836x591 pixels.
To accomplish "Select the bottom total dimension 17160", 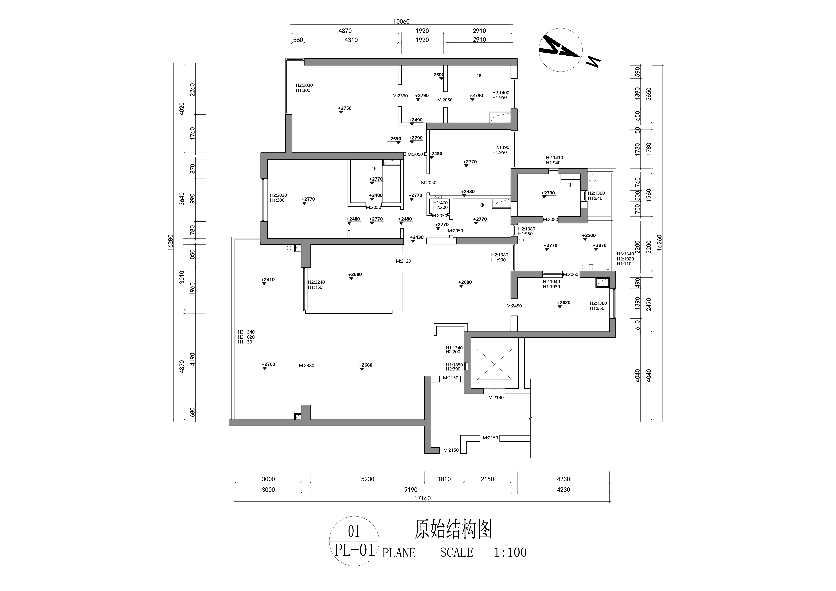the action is click(422, 498).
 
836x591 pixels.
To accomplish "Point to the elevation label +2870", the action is click(600, 245).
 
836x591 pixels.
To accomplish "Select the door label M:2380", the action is click(307, 366).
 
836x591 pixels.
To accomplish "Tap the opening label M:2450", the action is click(514, 306).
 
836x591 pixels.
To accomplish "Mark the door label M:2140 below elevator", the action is click(496, 398).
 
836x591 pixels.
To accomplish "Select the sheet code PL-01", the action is click(354, 550).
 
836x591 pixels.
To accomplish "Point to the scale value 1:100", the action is click(510, 552).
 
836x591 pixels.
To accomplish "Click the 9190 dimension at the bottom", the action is click(411, 490).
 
